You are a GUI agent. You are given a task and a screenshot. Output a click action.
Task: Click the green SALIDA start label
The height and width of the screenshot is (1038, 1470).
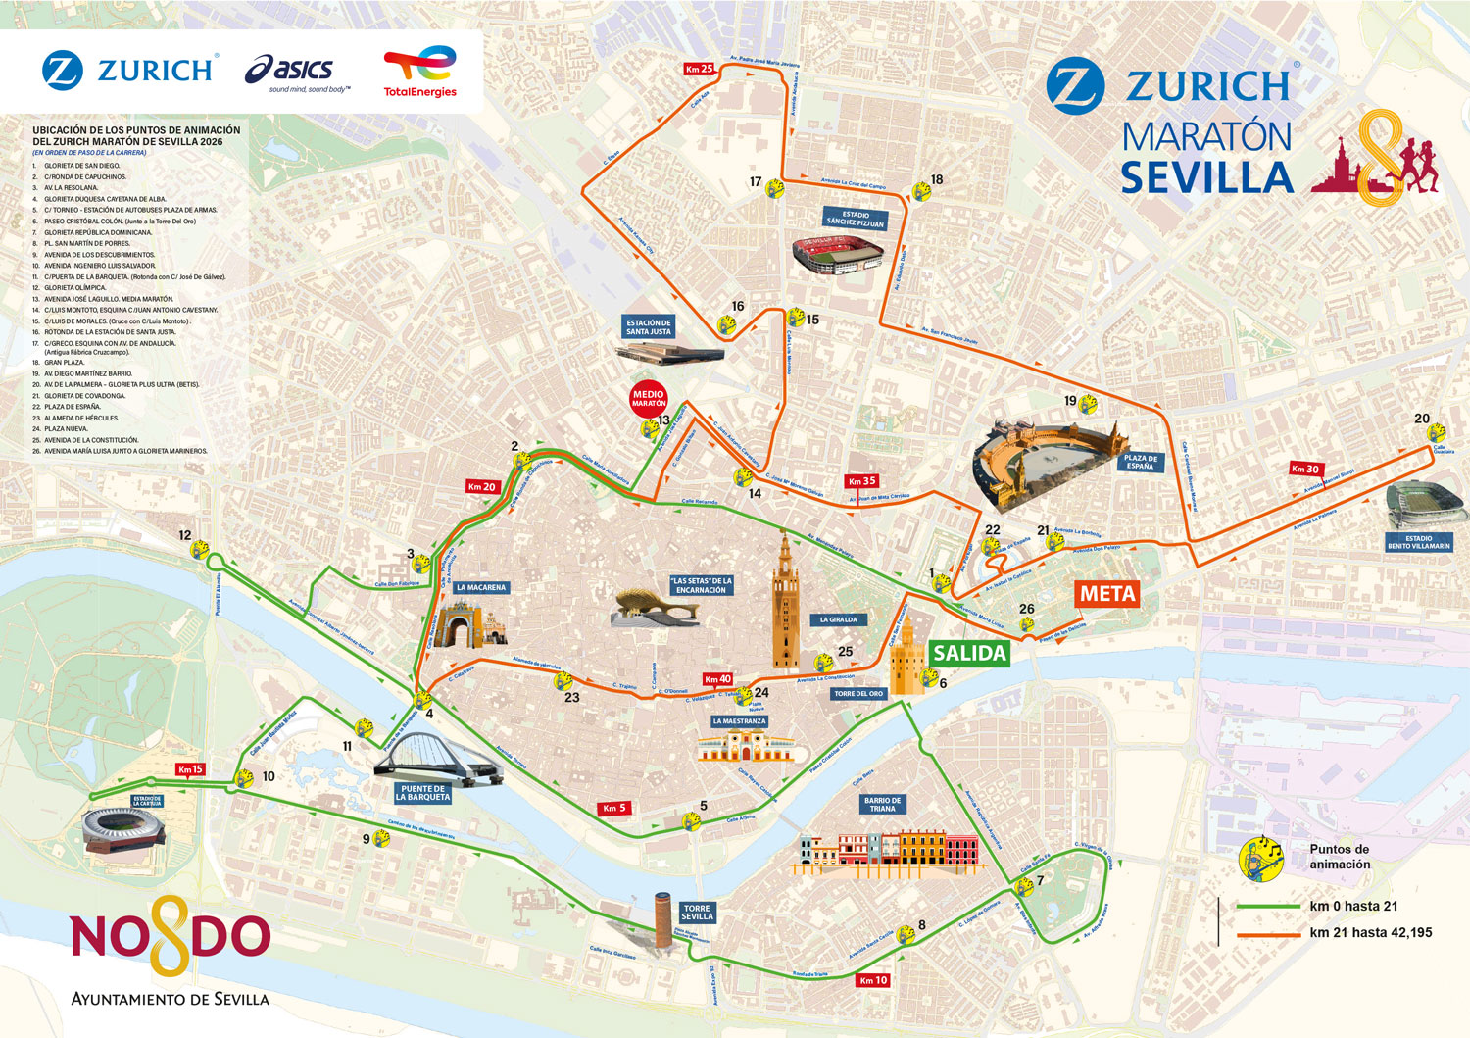click(x=969, y=653)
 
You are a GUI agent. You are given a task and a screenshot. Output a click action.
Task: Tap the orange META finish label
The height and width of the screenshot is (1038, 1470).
click(x=1107, y=593)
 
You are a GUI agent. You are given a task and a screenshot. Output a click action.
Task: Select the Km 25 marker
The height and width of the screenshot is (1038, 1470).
click(x=700, y=69)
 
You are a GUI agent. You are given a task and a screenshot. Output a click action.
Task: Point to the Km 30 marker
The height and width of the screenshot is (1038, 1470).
click(x=1305, y=469)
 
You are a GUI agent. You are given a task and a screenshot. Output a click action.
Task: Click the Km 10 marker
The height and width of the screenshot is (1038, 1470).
click(x=872, y=980)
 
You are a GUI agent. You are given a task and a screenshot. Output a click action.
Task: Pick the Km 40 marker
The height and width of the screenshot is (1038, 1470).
click(x=717, y=678)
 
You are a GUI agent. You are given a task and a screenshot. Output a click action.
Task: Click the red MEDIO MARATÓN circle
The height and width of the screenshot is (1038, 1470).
click(x=648, y=399)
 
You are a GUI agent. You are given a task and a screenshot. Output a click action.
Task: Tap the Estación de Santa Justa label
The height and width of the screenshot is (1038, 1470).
click(x=649, y=327)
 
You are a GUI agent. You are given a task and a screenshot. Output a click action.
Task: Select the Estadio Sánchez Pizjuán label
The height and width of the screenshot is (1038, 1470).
click(x=856, y=219)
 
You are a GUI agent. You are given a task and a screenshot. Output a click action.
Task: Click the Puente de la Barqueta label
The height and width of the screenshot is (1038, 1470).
click(x=423, y=793)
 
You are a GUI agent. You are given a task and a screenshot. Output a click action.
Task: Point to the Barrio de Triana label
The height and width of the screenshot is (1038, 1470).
click(x=882, y=805)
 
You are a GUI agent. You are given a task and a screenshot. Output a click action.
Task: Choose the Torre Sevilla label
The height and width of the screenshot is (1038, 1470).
click(x=697, y=913)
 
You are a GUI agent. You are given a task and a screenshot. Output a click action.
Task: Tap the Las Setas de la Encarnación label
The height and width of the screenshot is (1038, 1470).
click(x=701, y=585)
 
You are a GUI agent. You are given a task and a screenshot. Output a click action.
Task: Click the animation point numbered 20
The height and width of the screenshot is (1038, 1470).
click(x=1436, y=432)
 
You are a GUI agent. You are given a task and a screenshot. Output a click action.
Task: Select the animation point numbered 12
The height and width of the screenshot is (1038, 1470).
click(x=200, y=550)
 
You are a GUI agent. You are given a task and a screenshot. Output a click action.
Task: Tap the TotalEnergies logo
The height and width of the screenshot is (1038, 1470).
click(x=420, y=71)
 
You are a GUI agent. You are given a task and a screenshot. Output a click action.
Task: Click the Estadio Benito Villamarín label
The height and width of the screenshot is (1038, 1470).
click(x=1418, y=542)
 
